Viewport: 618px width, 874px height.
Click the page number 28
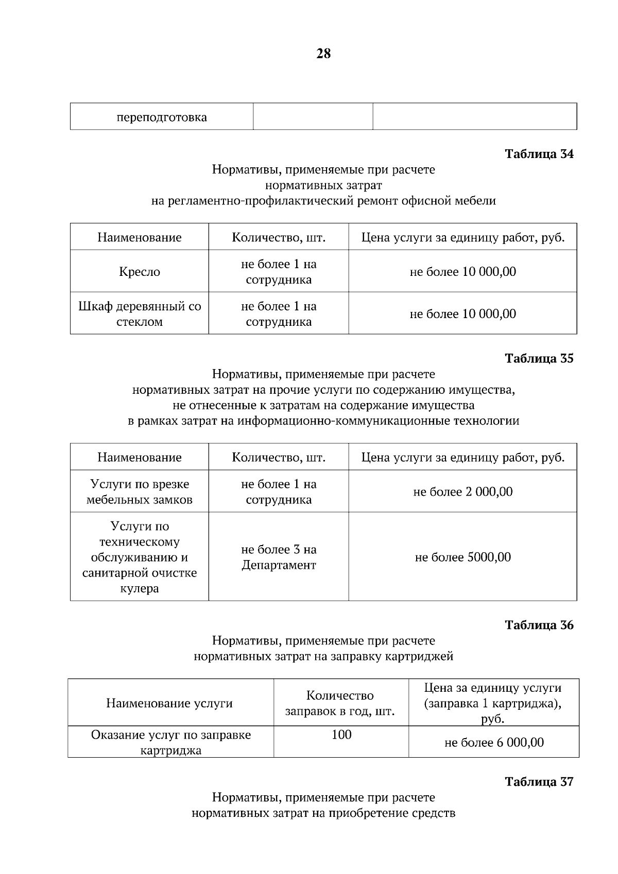pos(323,54)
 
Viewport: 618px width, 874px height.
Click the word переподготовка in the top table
pos(162,117)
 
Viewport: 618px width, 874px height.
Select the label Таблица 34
pos(539,154)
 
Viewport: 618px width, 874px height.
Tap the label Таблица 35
pos(539,358)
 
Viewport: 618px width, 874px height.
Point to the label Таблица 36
pos(539,625)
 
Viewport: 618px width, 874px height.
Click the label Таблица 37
pos(539,781)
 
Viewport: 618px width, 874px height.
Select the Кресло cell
pos(140,272)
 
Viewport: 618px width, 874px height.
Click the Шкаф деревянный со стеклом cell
pos(140,314)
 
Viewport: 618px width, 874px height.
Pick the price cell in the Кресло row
pos(462,272)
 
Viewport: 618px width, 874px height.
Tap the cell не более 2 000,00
pos(462,492)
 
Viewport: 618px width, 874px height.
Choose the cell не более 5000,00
pos(462,557)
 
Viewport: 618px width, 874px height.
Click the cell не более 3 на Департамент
pos(279,557)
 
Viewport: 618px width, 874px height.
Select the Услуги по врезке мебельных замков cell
pos(140,492)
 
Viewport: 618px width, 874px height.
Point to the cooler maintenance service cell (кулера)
pos(140,557)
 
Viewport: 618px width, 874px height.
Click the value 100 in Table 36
pos(341,735)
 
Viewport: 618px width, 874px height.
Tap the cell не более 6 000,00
pos(493,743)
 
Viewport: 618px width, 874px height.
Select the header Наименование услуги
pos(169,704)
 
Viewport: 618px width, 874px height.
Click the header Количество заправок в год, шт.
pos(340,704)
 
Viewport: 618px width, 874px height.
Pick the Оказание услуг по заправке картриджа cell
pos(170,742)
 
